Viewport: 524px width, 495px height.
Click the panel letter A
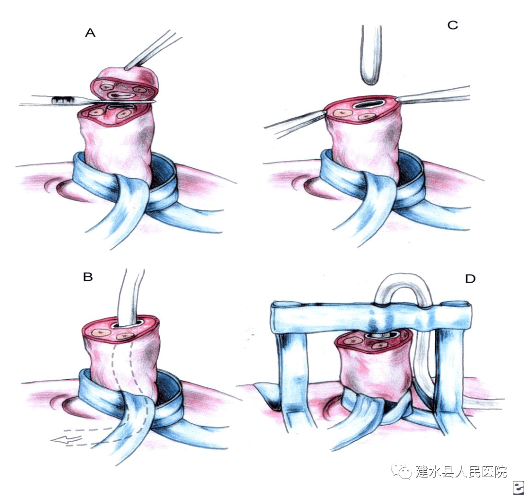(90, 33)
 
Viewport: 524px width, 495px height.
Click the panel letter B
(88, 277)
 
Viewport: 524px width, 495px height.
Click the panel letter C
(452, 25)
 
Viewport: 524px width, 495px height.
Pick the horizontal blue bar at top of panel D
(371, 315)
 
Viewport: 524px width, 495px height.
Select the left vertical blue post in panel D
(293, 373)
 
